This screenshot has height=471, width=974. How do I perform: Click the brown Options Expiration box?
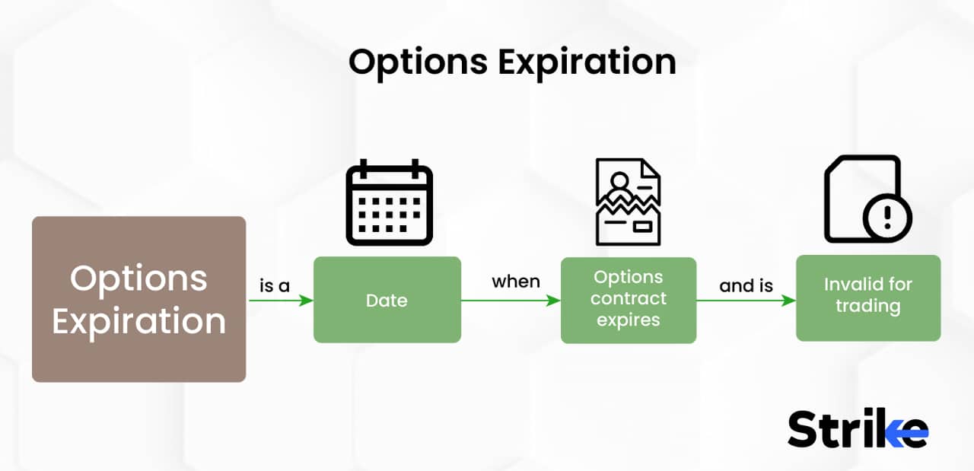pos(138,299)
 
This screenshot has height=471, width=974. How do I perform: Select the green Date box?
pos(387,300)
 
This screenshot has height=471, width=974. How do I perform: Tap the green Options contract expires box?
pos(629,300)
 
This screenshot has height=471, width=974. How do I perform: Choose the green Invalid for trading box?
pos(868,298)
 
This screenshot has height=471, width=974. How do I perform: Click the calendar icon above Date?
pos(389,203)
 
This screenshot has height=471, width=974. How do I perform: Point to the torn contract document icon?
pos(628,202)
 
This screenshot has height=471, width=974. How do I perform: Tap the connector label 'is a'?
pos(275,286)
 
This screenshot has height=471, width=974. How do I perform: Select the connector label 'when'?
pos(516,282)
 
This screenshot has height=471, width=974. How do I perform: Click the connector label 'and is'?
pos(746,285)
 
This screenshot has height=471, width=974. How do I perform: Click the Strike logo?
pos(857,429)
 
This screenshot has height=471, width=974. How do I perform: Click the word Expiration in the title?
pos(587,62)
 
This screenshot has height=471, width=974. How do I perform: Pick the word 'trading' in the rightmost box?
pos(868,307)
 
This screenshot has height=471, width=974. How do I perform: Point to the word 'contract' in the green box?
pos(629,298)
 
